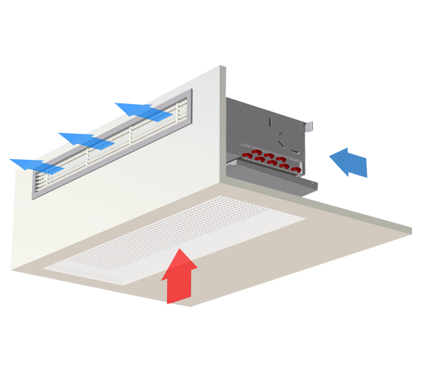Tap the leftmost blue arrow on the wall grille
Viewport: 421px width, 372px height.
point(31,164)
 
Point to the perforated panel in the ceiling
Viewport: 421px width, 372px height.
point(179,238)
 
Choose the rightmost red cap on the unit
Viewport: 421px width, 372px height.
point(297,167)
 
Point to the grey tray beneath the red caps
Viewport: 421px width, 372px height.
point(275,176)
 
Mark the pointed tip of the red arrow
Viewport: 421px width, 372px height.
point(180,250)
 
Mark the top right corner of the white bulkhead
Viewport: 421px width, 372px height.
point(221,67)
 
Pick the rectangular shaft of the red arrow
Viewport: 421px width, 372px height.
point(178,286)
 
